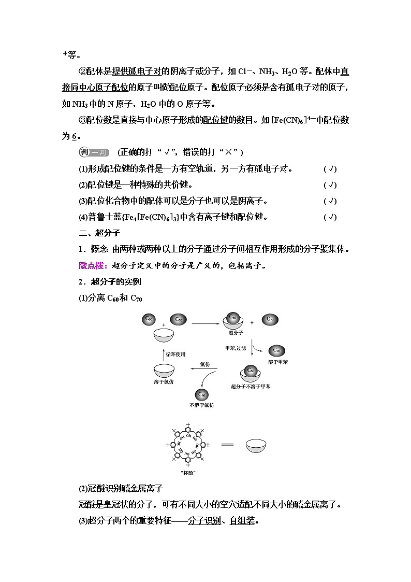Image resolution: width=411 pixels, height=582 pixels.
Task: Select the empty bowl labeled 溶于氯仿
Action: click(x=165, y=371)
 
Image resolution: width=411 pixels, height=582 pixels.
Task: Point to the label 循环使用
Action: click(x=176, y=354)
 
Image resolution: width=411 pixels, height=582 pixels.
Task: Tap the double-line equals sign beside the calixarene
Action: click(x=228, y=445)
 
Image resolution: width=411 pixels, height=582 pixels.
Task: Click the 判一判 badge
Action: click(x=93, y=152)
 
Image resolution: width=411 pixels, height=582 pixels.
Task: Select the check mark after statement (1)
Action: click(x=330, y=169)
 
